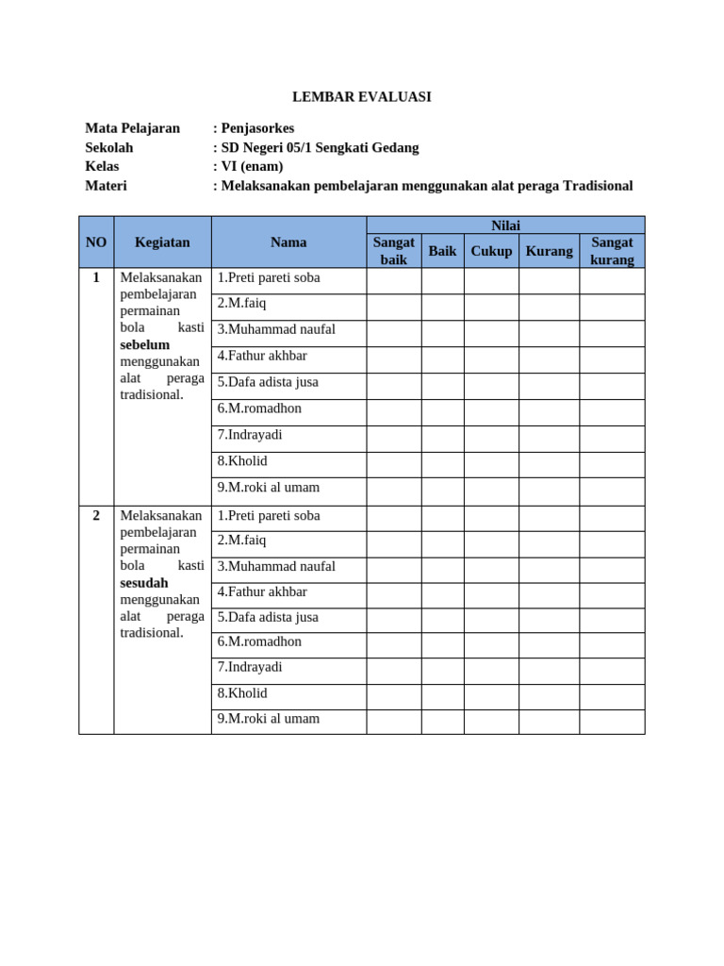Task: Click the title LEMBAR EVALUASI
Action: (x=361, y=97)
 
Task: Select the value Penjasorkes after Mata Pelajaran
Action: (x=256, y=128)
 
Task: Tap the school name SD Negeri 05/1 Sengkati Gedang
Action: (x=320, y=147)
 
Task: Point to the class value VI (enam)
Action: (x=252, y=166)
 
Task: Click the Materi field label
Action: (x=106, y=186)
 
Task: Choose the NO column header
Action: (x=96, y=242)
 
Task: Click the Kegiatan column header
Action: (x=162, y=242)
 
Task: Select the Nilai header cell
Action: (x=505, y=225)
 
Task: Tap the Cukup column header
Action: (x=491, y=251)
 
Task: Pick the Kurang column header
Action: (x=549, y=251)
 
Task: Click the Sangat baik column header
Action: (x=393, y=251)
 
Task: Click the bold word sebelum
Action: (x=145, y=345)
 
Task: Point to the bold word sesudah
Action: (x=144, y=583)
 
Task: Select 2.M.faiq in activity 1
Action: (x=241, y=304)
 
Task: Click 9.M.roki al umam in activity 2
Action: (x=269, y=719)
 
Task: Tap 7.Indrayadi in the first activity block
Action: (x=250, y=435)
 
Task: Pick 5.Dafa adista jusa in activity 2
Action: (x=268, y=617)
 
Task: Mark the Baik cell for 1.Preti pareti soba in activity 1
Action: (x=442, y=280)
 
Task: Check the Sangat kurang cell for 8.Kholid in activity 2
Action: (x=612, y=696)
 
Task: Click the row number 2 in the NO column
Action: (x=96, y=516)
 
